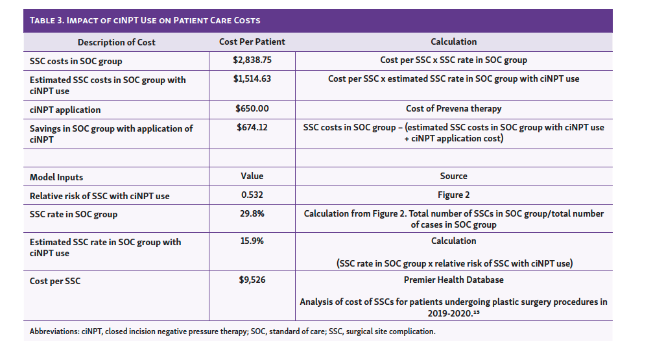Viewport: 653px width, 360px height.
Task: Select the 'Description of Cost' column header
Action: pyautogui.click(x=117, y=42)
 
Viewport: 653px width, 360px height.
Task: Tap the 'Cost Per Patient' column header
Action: pyautogui.click(x=252, y=42)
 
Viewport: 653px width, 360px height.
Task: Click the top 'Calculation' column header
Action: pyautogui.click(x=453, y=42)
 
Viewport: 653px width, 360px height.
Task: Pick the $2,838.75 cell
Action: pyautogui.click(x=252, y=60)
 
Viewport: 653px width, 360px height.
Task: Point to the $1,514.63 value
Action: pyautogui.click(x=252, y=79)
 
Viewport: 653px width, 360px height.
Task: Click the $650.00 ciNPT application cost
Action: pyautogui.click(x=252, y=109)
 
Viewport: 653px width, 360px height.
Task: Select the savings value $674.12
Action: pyautogui.click(x=252, y=128)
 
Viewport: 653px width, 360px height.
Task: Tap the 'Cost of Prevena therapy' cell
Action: pyautogui.click(x=453, y=109)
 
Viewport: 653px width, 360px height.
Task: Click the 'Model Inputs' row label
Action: pyautogui.click(x=56, y=177)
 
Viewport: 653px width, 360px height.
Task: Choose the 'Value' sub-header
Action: pyautogui.click(x=252, y=176)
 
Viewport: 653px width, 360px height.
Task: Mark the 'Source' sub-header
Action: pyautogui.click(x=453, y=176)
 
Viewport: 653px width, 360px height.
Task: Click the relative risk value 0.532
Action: pyautogui.click(x=252, y=195)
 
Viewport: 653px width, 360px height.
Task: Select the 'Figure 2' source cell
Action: pyautogui.click(x=453, y=195)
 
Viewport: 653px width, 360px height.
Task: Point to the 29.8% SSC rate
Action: pyautogui.click(x=252, y=214)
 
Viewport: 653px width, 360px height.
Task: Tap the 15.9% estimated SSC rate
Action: pyautogui.click(x=252, y=241)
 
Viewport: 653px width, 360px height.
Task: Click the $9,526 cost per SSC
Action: pyautogui.click(x=252, y=281)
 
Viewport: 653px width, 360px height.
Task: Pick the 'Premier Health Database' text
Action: pyautogui.click(x=453, y=281)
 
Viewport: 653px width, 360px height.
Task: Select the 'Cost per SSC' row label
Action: pyautogui.click(x=57, y=282)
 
